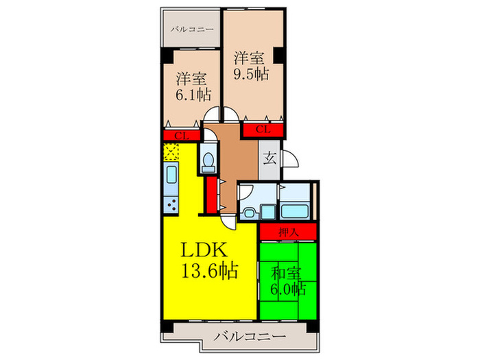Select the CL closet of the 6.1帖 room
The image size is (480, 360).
181,136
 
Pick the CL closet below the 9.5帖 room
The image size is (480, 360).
263,129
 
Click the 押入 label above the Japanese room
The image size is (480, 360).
288,232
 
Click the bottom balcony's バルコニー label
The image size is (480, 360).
249,337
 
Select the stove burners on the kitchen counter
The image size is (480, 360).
171,204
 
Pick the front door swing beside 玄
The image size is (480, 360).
289,158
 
